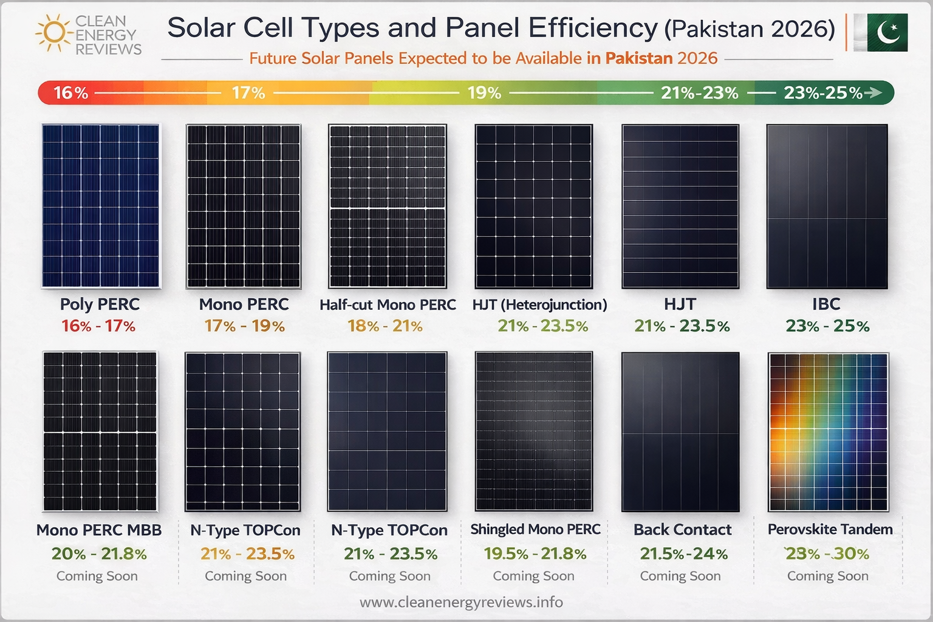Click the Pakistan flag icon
[x=881, y=32]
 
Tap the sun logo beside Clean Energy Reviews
[x=54, y=33]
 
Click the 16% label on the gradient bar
[x=70, y=93]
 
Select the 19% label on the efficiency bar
[x=484, y=93]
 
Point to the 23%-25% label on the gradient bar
[x=822, y=93]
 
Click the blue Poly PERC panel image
[x=101, y=205]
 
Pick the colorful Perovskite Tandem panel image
[x=828, y=431]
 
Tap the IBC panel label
[x=826, y=304]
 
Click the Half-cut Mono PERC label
[x=388, y=305]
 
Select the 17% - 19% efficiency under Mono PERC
[x=244, y=326]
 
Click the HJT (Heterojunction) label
[x=539, y=305]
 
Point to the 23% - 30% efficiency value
[x=827, y=553]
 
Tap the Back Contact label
[x=682, y=530]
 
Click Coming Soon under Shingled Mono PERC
[x=533, y=576]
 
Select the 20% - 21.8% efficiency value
[x=99, y=553]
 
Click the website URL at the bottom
[x=461, y=602]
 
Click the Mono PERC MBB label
[x=99, y=530]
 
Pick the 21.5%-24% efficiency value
[x=683, y=553]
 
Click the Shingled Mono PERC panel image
[x=533, y=431]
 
